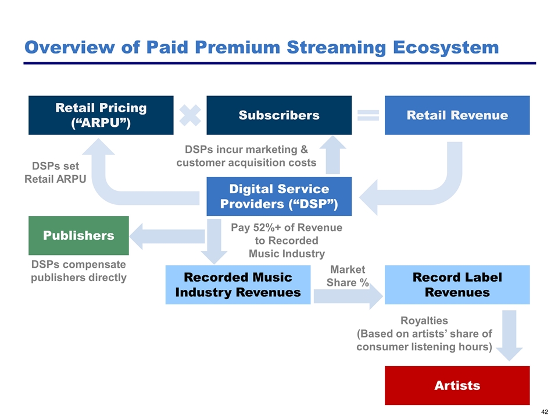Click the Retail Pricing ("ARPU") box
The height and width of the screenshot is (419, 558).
101,115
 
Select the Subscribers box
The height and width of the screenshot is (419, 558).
279,115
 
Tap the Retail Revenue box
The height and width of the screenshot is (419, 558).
457,115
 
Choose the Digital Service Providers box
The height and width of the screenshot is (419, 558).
279,197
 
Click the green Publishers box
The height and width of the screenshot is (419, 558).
78,235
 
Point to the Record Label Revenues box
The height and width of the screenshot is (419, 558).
457,284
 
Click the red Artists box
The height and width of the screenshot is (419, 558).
457,385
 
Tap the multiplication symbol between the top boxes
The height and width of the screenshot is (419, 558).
190,115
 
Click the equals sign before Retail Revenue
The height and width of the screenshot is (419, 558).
368,115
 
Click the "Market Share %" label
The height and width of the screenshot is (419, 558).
348,276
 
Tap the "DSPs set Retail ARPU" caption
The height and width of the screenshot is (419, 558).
55,173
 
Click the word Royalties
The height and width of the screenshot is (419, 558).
424,321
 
